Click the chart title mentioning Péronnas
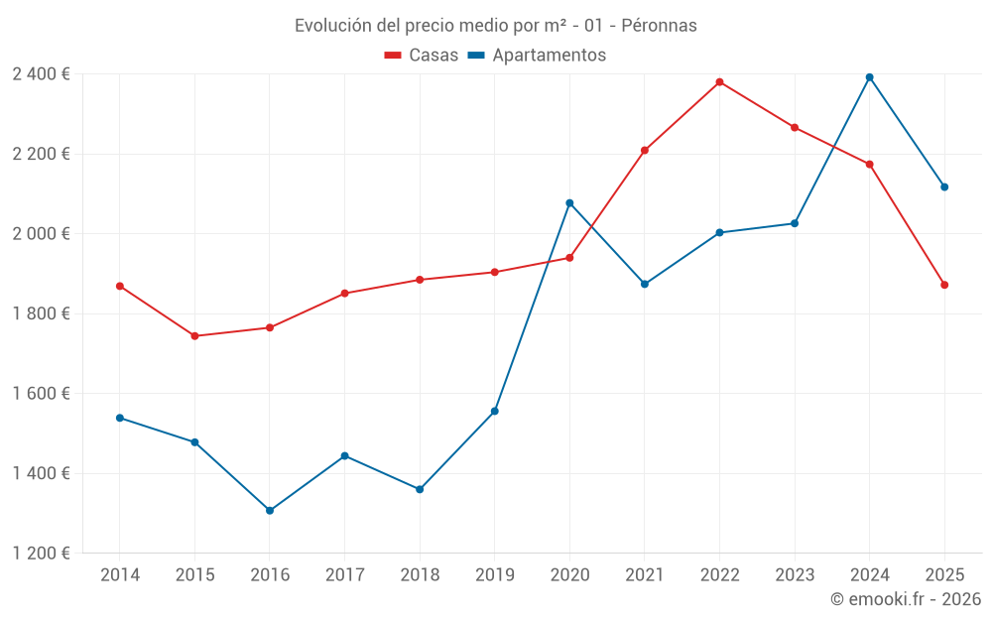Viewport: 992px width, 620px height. (495, 25)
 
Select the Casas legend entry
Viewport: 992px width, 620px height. (422, 55)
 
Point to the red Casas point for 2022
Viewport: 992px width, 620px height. (719, 82)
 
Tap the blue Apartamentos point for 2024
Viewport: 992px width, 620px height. (869, 77)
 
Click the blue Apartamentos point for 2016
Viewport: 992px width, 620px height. (270, 511)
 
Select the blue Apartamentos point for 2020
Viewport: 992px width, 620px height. (569, 203)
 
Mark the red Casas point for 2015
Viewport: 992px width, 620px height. (194, 336)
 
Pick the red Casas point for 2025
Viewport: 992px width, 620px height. (944, 285)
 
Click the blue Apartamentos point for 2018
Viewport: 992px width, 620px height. (420, 489)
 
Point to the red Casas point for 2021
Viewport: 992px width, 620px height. (645, 151)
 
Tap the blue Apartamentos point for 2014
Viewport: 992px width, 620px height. (120, 418)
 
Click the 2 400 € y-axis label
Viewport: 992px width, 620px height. (41, 74)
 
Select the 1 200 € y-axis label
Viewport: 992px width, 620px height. (41, 554)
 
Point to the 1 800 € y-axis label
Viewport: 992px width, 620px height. (41, 313)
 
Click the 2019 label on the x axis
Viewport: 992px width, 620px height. (494, 575)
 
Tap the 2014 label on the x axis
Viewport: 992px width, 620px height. (120, 575)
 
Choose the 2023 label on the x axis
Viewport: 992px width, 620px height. (795, 575)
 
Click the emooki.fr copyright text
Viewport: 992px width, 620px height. (905, 599)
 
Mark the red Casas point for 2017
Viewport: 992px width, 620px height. (344, 294)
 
